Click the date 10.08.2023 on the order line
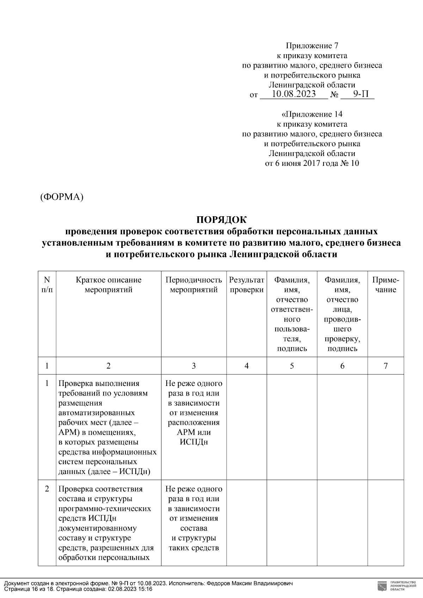(294, 94)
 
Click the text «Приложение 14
(312, 114)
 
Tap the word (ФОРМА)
(62, 197)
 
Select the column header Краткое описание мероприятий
(109, 285)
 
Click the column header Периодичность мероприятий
(194, 285)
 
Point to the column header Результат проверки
(246, 285)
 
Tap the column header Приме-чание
(386, 285)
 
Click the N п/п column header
(47, 285)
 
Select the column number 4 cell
(246, 366)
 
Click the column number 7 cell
(386, 366)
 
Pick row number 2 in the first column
(47, 489)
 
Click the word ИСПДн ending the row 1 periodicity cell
(194, 442)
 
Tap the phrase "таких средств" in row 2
(194, 548)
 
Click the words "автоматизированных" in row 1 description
(96, 413)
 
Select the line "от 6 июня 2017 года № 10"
(312, 163)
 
